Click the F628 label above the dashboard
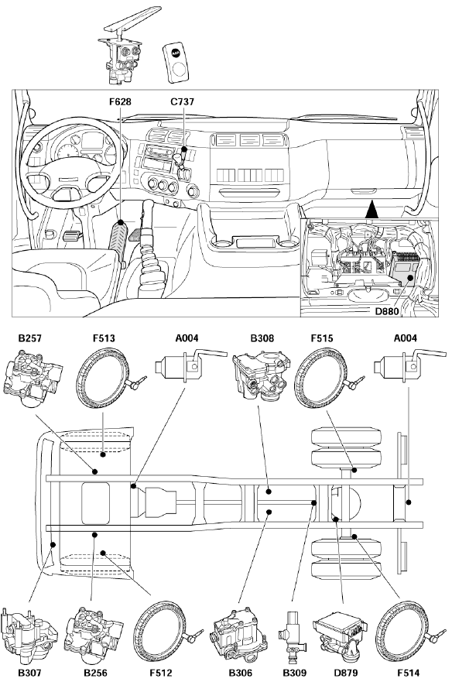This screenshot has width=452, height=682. pyautogui.click(x=120, y=101)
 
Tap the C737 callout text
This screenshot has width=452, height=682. pyautogui.click(x=183, y=101)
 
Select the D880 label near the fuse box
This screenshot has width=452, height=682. pyautogui.click(x=387, y=311)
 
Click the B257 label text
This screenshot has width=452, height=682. pyautogui.click(x=30, y=338)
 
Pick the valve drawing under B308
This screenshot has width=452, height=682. pyautogui.click(x=261, y=375)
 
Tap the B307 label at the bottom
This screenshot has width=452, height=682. pyautogui.click(x=30, y=673)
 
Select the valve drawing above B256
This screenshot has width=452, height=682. pyautogui.click(x=94, y=635)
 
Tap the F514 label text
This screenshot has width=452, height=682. pyautogui.click(x=409, y=673)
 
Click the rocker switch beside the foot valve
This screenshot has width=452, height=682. pyautogui.click(x=176, y=62)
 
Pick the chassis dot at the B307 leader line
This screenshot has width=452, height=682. pyautogui.click(x=53, y=543)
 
